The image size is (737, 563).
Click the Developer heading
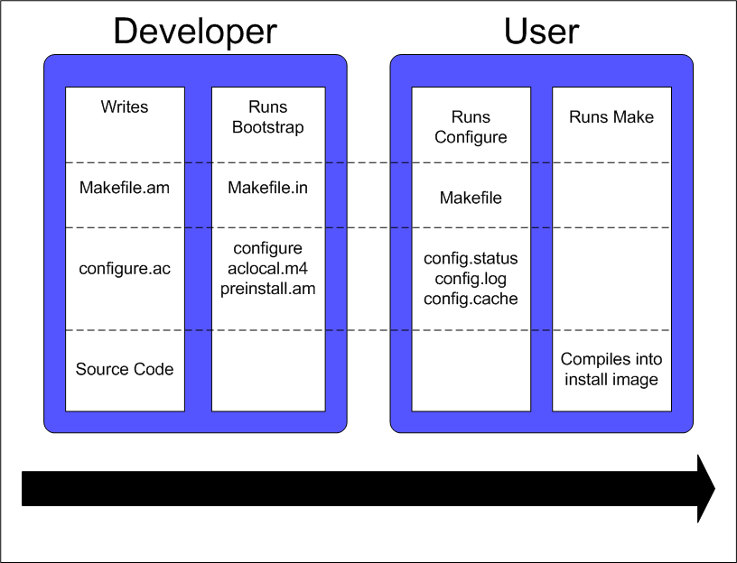point(195,32)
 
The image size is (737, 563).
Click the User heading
point(541,32)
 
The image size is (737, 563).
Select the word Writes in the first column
point(125,107)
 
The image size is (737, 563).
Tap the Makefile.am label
point(125,189)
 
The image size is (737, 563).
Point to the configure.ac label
point(125,269)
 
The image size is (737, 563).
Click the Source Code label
point(125,369)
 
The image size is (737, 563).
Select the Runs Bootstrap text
point(267,117)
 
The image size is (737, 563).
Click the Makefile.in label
point(267,189)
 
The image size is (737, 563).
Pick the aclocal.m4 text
point(267,269)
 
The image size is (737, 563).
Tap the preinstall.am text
point(267,289)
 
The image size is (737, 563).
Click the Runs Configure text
point(471,127)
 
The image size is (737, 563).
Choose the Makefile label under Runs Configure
point(471,198)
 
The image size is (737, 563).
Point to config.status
point(471,259)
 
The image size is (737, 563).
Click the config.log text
point(471,279)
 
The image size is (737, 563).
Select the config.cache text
point(471,299)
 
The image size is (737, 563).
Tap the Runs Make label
point(611,117)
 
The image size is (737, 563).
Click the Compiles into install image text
point(611,369)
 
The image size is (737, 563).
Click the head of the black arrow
point(704,488)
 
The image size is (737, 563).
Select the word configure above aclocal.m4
point(267,248)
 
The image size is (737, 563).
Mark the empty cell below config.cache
point(471,370)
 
